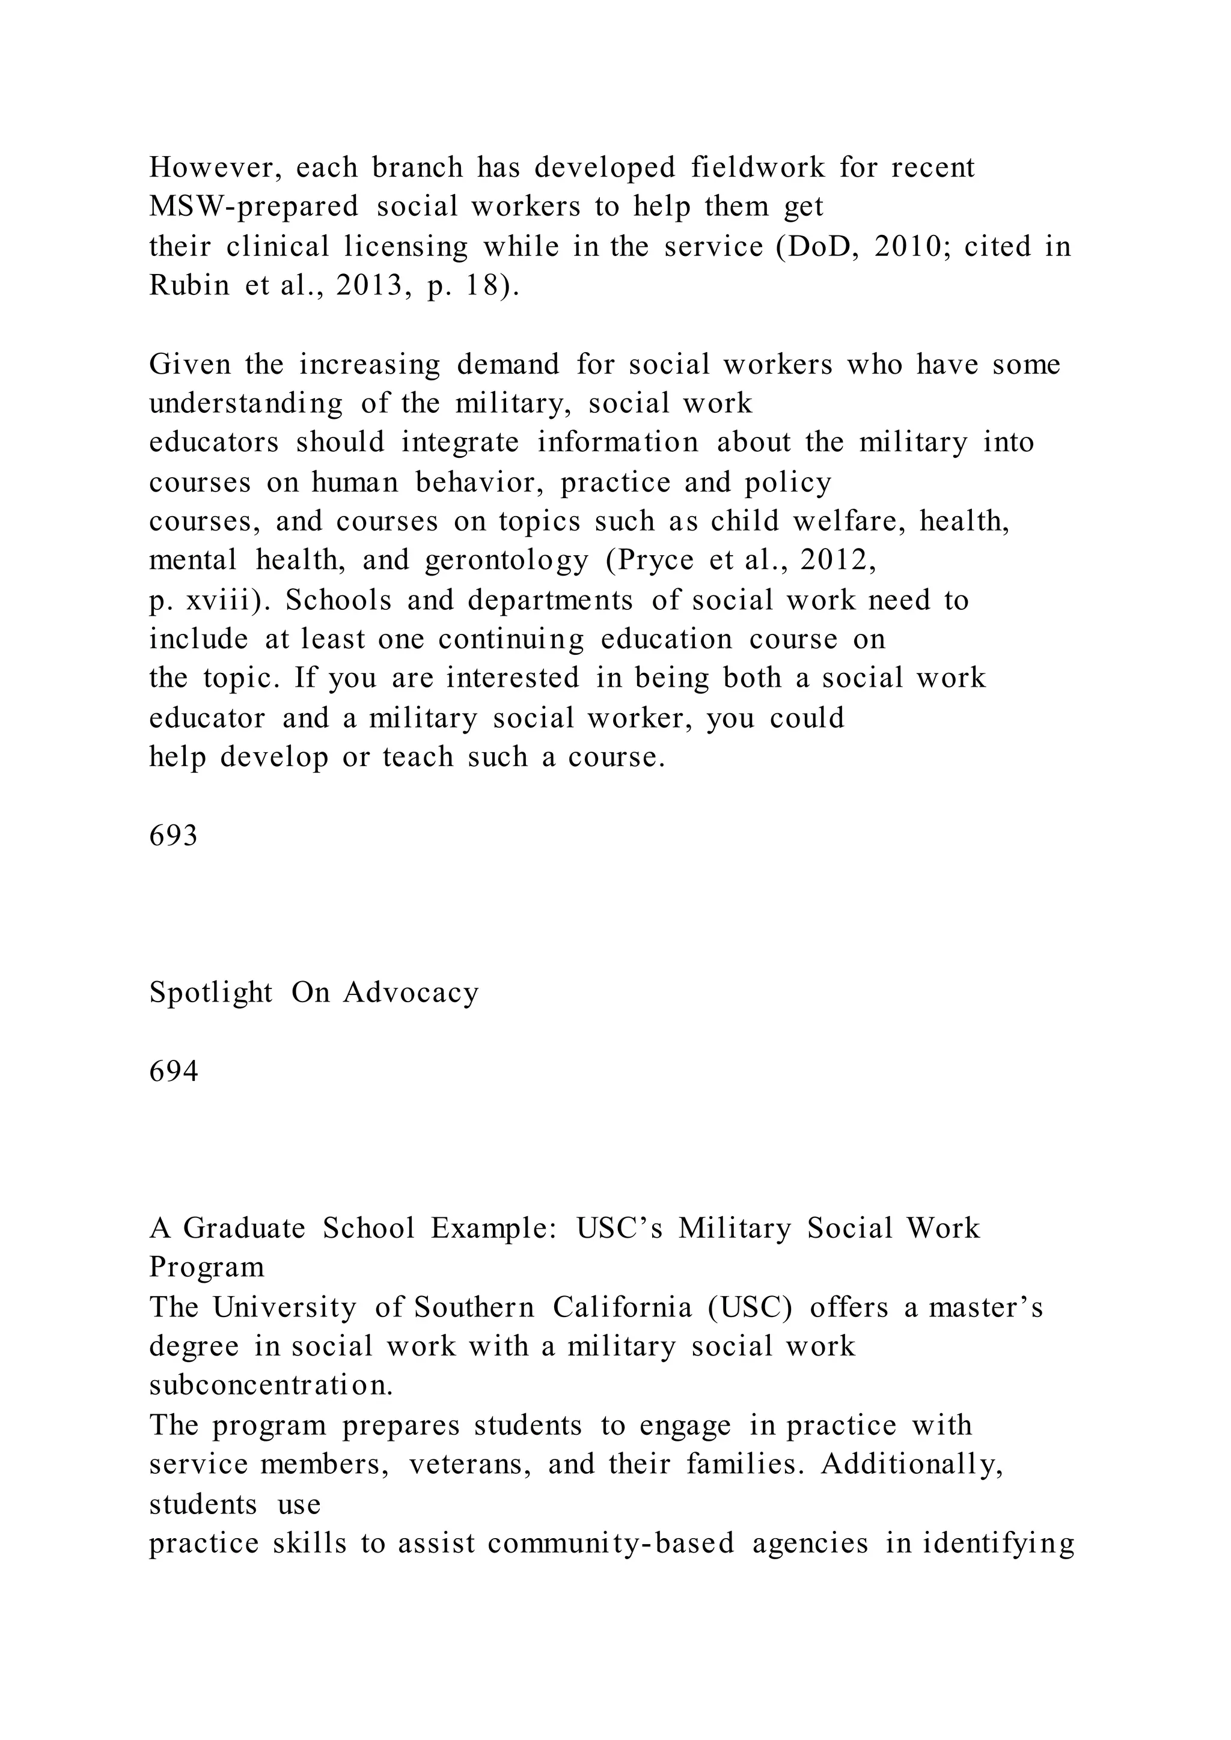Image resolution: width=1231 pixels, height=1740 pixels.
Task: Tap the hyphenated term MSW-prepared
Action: [253, 207]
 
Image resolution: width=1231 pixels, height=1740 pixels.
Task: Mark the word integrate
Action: [460, 443]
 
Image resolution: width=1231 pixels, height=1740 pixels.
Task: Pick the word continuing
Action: [511, 640]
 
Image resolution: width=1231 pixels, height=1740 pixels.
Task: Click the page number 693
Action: [174, 836]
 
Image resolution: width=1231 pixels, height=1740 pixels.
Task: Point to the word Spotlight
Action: [211, 993]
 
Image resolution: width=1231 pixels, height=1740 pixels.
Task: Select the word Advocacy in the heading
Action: [411, 993]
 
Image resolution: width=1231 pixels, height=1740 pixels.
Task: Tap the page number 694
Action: [174, 1072]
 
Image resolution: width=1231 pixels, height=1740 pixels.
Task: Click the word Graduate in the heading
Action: [244, 1229]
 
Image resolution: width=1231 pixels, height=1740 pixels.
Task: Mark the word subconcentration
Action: [270, 1386]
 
